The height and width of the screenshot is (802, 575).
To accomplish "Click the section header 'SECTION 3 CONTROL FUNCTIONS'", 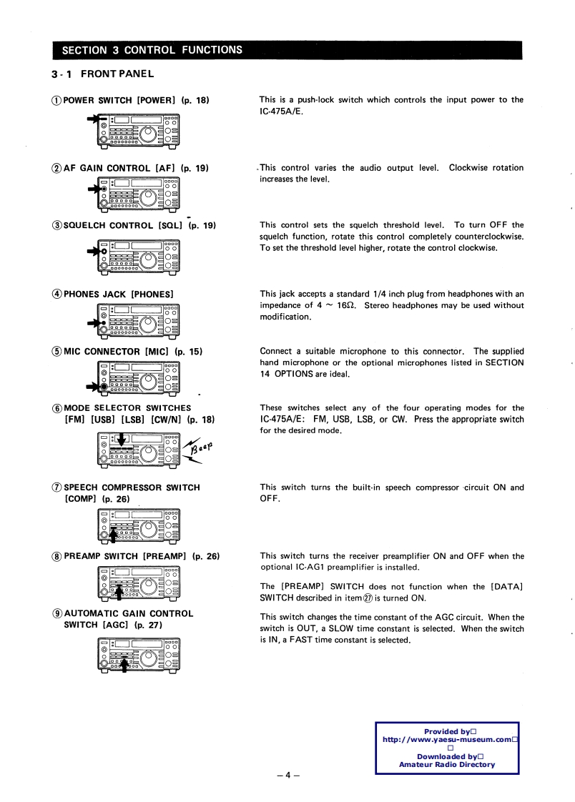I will click(x=152, y=50).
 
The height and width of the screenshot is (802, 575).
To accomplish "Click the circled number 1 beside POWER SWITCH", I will click(x=57, y=100).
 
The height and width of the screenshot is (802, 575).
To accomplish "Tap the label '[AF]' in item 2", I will click(x=166, y=169).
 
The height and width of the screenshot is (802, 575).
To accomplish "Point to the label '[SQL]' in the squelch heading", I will click(x=169, y=226).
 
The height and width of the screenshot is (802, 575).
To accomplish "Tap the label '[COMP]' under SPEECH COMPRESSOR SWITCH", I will click(x=82, y=499).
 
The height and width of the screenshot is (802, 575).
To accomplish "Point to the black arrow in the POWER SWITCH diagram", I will click(x=94, y=119).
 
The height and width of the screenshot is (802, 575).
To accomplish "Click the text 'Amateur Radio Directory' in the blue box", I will click(x=446, y=765).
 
